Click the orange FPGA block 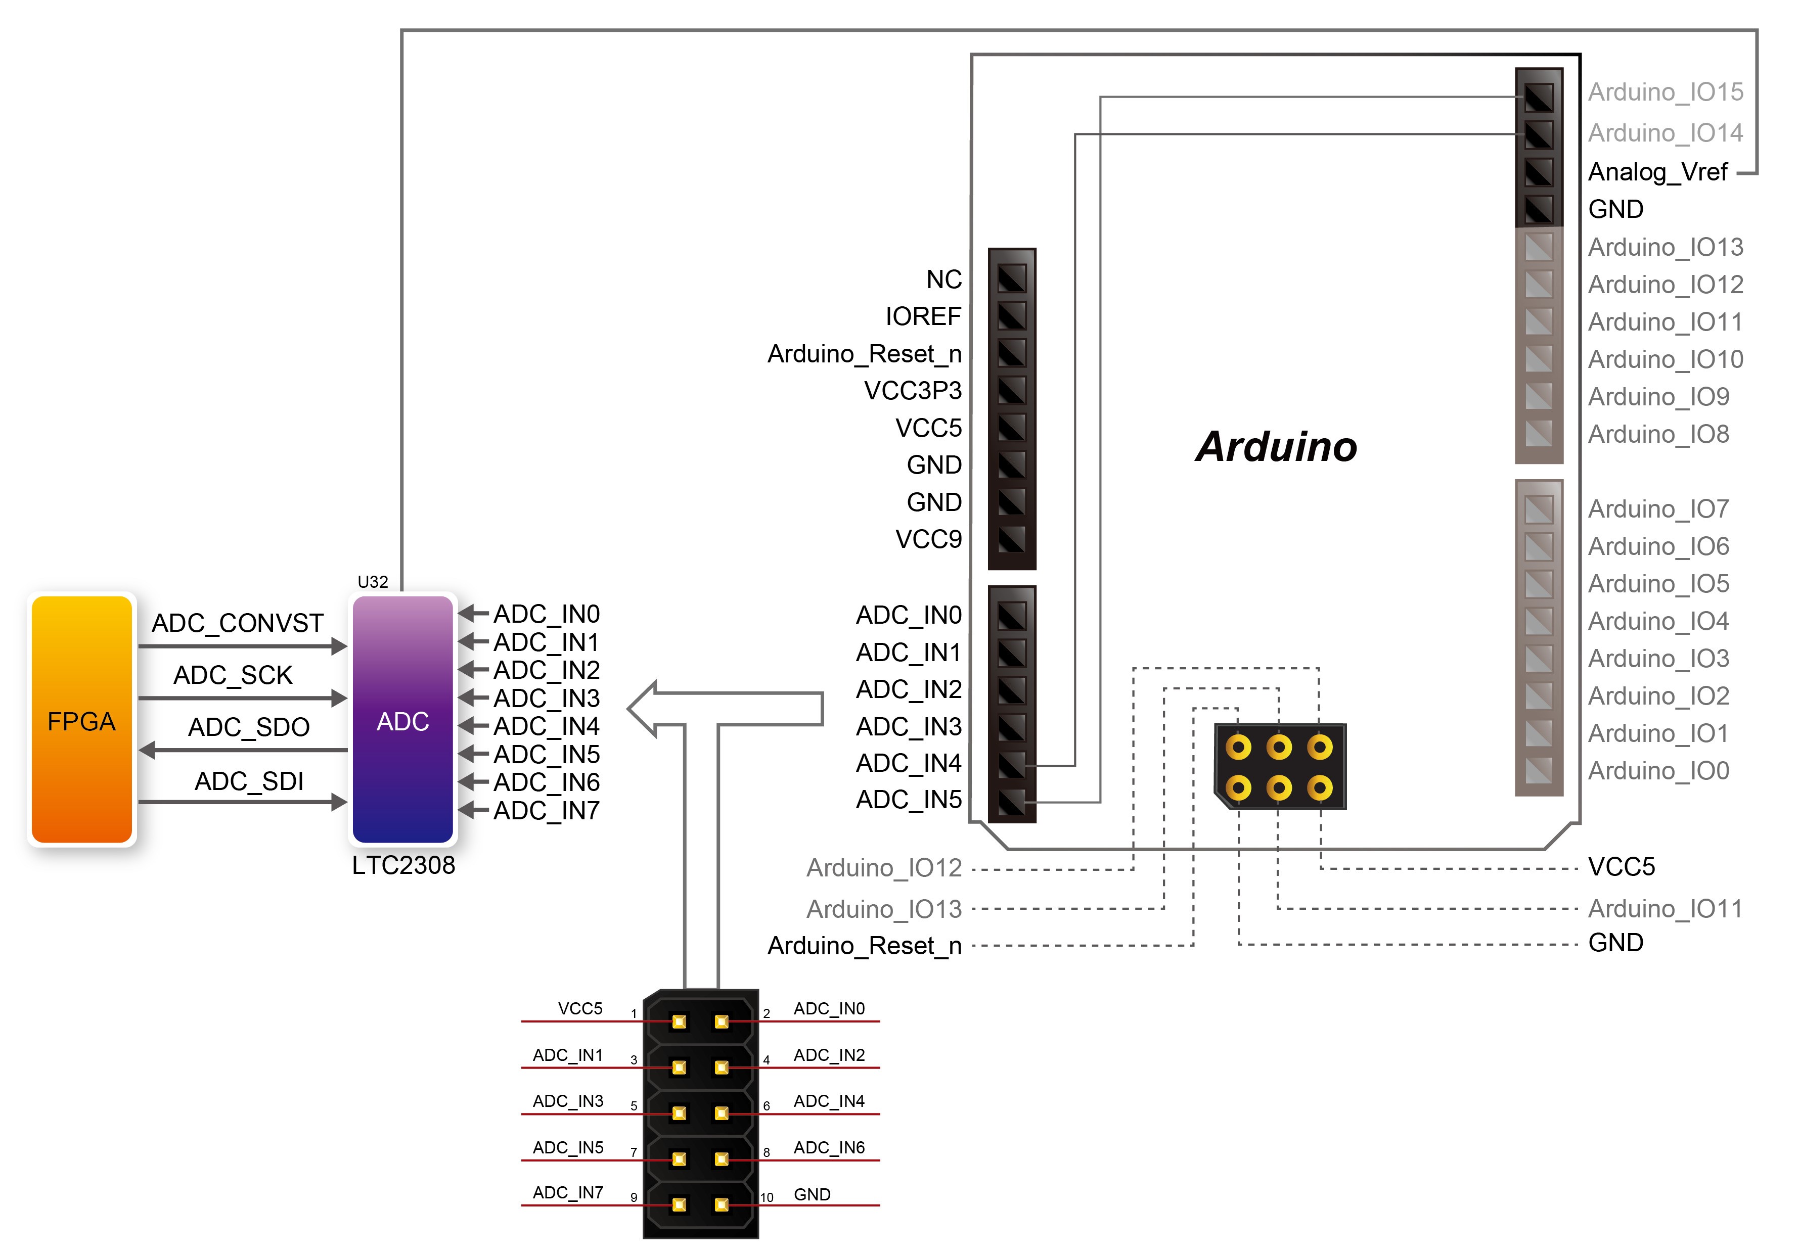tap(81, 719)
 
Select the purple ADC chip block tap(403, 719)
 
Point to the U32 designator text tap(373, 582)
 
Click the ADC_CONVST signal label tap(238, 624)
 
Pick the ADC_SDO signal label tap(249, 728)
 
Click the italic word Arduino tap(1276, 446)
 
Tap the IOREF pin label tap(923, 316)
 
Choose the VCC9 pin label tap(928, 539)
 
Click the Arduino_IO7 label tap(1659, 509)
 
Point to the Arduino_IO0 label tap(1659, 771)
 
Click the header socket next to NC tap(1012, 278)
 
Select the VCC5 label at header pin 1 tap(580, 1008)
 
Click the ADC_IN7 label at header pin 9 tap(568, 1192)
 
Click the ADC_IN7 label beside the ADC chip tap(546, 811)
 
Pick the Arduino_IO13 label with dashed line tap(884, 909)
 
